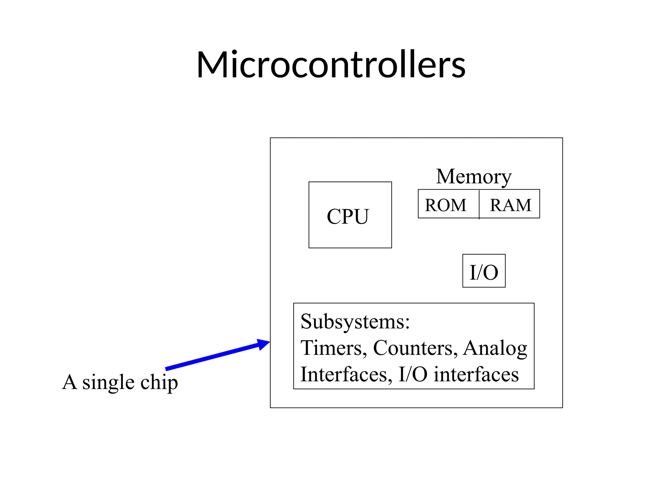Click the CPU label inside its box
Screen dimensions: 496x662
(348, 216)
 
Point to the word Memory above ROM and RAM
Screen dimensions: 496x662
(474, 177)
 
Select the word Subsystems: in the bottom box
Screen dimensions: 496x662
(355, 322)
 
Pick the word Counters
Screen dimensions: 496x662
(415, 348)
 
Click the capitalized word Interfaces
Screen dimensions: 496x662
(346, 375)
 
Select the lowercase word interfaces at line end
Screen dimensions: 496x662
(476, 375)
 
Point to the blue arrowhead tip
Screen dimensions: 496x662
(269, 342)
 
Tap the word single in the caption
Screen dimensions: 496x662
(108, 383)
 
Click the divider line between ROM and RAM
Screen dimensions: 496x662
(479, 204)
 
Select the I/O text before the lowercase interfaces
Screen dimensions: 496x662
(413, 375)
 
